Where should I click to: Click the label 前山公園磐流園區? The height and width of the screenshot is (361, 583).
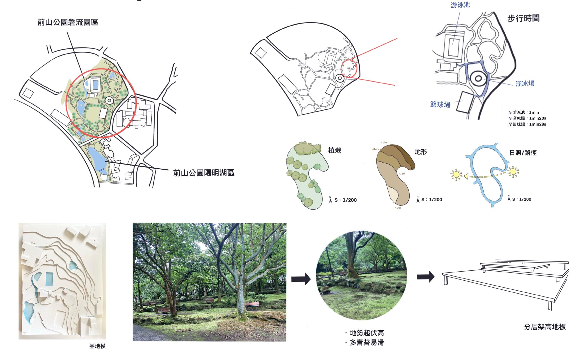pyautogui.click(x=68, y=22)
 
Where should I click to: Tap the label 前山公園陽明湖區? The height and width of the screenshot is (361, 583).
pyautogui.click(x=204, y=173)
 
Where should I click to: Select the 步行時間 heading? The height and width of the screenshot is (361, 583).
pyautogui.click(x=523, y=18)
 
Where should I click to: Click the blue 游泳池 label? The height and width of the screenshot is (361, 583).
pyautogui.click(x=460, y=5)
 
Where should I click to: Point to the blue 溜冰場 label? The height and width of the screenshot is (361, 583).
pyautogui.click(x=525, y=84)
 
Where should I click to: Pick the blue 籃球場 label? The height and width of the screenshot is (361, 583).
pyautogui.click(x=440, y=105)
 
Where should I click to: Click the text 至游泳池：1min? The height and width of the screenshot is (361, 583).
pyautogui.click(x=523, y=112)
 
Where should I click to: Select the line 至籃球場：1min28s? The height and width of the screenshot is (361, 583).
pyautogui.click(x=527, y=124)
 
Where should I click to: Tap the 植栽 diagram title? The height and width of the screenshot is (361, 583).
pyautogui.click(x=335, y=151)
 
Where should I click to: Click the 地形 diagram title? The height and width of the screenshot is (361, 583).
pyautogui.click(x=421, y=152)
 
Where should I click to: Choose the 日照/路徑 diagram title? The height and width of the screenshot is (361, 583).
pyautogui.click(x=523, y=153)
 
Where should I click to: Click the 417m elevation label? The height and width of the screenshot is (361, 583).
pyautogui.click(x=384, y=143)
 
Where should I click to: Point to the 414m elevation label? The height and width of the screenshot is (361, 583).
pyautogui.click(x=398, y=208)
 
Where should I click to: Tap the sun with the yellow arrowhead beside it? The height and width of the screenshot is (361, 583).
pyautogui.click(x=456, y=175)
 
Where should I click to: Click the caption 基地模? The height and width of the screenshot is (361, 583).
pyautogui.click(x=97, y=346)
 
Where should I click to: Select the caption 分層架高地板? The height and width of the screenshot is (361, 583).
pyautogui.click(x=545, y=327)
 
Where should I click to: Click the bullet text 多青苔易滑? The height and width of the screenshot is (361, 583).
pyautogui.click(x=367, y=343)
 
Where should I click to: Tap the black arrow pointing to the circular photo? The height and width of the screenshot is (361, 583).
pyautogui.click(x=301, y=279)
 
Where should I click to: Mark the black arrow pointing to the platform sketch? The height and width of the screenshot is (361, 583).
pyautogui.click(x=426, y=276)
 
